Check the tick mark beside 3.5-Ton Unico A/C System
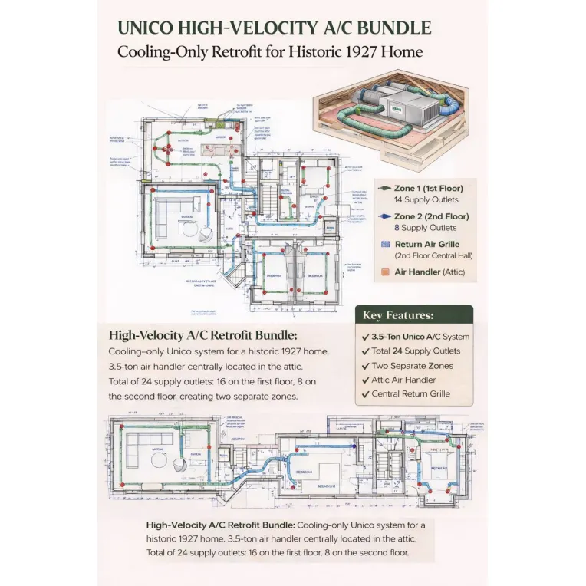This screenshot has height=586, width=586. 364,337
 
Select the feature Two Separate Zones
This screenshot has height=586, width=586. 412,366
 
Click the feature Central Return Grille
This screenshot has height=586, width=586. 410,394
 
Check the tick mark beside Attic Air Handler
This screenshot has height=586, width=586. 364,380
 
